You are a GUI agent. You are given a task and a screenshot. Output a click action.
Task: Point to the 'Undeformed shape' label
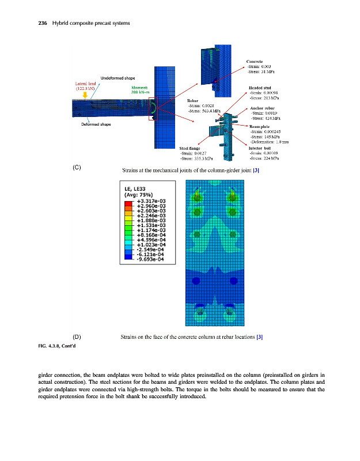118,78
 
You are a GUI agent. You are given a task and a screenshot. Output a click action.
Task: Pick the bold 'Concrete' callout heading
255,61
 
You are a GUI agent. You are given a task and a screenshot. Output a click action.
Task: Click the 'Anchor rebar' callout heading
262,108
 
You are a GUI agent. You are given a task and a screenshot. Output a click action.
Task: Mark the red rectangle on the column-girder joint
152,109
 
